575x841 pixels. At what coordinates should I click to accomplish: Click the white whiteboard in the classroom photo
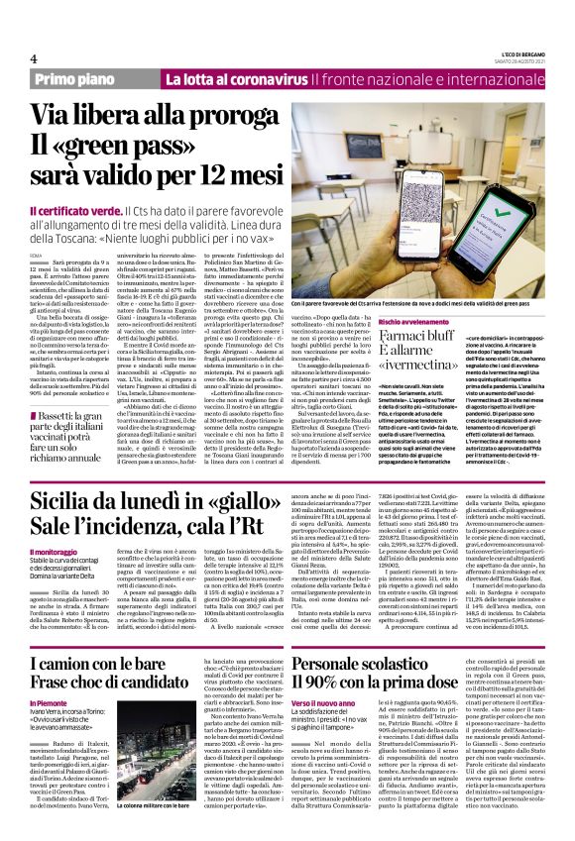pyautogui.click(x=397, y=109)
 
